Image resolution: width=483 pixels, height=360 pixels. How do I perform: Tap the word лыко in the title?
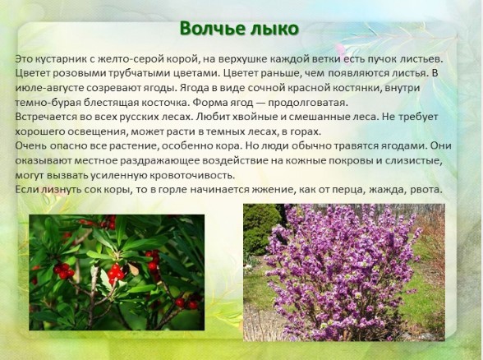[275, 29]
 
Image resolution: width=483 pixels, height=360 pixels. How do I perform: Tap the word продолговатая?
[308, 103]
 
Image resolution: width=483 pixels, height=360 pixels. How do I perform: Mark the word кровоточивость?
[192, 175]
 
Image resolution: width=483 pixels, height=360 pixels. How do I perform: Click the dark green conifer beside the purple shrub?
[260, 228]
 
